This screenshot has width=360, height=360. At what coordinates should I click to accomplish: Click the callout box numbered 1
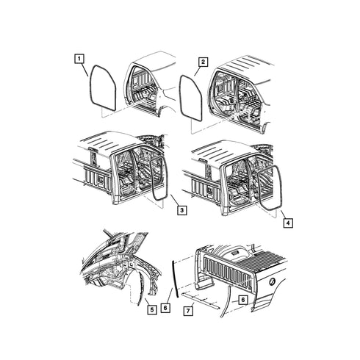79,59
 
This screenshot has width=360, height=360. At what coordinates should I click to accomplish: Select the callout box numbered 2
203,62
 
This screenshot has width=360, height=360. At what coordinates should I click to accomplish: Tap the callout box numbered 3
182,210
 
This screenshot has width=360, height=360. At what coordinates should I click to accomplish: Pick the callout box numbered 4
288,223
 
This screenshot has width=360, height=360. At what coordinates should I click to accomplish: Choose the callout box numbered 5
152,310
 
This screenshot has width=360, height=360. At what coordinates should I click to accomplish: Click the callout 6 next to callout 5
165,308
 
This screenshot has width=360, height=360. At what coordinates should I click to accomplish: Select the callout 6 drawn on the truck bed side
242,300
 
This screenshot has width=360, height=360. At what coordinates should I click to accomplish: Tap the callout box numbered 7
188,311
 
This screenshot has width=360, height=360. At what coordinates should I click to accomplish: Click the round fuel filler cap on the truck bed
272,281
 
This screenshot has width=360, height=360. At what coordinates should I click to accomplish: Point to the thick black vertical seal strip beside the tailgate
176,279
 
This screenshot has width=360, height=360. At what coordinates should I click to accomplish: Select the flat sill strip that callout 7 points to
201,300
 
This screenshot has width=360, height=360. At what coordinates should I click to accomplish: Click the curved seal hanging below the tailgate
226,301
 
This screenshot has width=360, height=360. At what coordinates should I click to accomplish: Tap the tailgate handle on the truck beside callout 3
101,179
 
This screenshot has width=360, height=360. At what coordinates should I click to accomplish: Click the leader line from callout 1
85,70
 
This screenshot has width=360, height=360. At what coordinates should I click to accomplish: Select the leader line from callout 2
198,71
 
